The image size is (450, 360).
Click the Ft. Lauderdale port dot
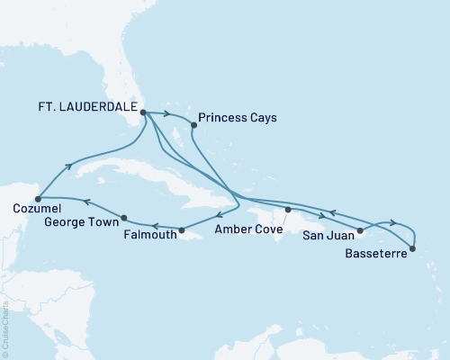(143, 112)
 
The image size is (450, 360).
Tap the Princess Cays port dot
(194, 126)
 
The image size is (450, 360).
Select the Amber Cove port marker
(288, 210)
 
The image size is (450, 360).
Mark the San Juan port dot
(360, 231)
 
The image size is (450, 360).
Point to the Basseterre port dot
(413, 247)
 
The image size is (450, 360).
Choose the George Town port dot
(123, 217)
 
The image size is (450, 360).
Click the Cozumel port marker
(38, 199)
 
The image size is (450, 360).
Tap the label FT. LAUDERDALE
(87, 105)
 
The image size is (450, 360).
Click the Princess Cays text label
(238, 117)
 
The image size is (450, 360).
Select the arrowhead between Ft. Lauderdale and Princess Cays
(168, 113)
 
